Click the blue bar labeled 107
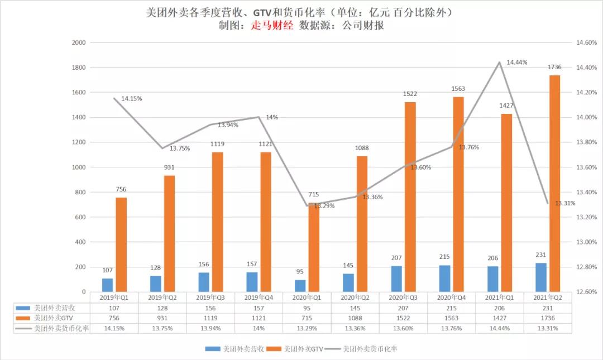pos(107,285)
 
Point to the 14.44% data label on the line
pos(517,63)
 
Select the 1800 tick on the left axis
pos(79,68)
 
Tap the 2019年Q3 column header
pos(210,297)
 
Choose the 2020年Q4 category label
pos(452,297)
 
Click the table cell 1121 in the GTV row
pos(259,318)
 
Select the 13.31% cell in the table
pos(548,328)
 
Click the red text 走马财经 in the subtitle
pos(272,25)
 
